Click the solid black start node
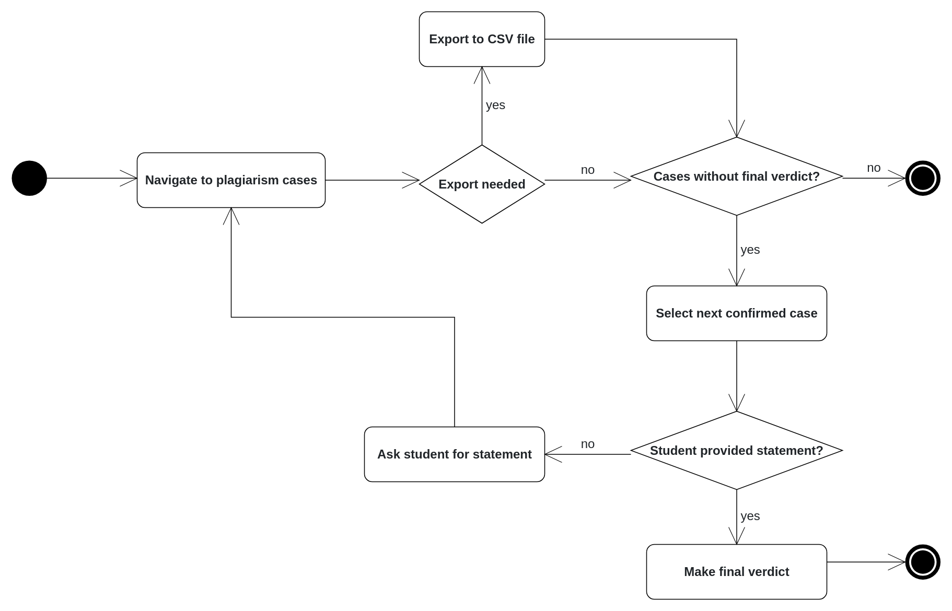click(29, 178)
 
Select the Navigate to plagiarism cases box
click(231, 180)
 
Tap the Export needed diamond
click(482, 184)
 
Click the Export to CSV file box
click(482, 39)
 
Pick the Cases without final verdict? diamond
click(736, 177)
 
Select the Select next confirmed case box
click(736, 313)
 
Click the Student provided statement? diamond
click(736, 450)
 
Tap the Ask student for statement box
click(454, 454)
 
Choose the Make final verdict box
click(736, 572)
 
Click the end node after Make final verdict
click(922, 562)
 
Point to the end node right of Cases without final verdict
click(922, 178)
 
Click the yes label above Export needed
click(495, 105)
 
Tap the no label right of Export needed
click(587, 170)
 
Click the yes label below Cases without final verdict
click(750, 250)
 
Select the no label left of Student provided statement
click(587, 444)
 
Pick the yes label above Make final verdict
click(750, 516)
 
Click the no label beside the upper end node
click(874, 168)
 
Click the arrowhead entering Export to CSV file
click(482, 74)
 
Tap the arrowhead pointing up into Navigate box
click(231, 215)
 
